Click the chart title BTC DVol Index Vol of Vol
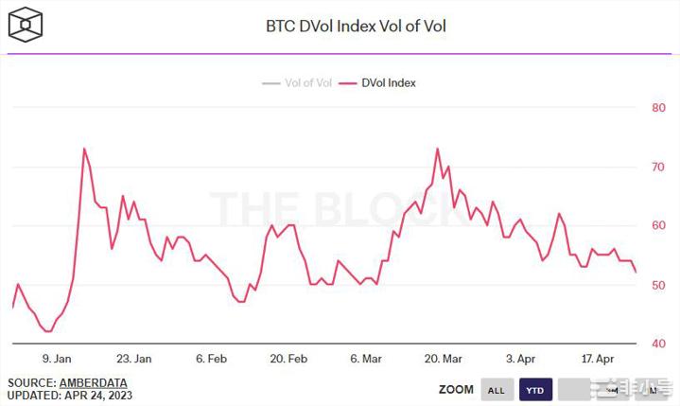355,26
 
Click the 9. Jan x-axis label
57,359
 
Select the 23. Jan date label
133,359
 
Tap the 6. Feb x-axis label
211,359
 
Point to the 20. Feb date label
288,359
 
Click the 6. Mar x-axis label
366,359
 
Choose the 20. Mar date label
444,359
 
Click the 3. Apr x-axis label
521,359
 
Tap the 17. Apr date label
599,359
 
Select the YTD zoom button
534,389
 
